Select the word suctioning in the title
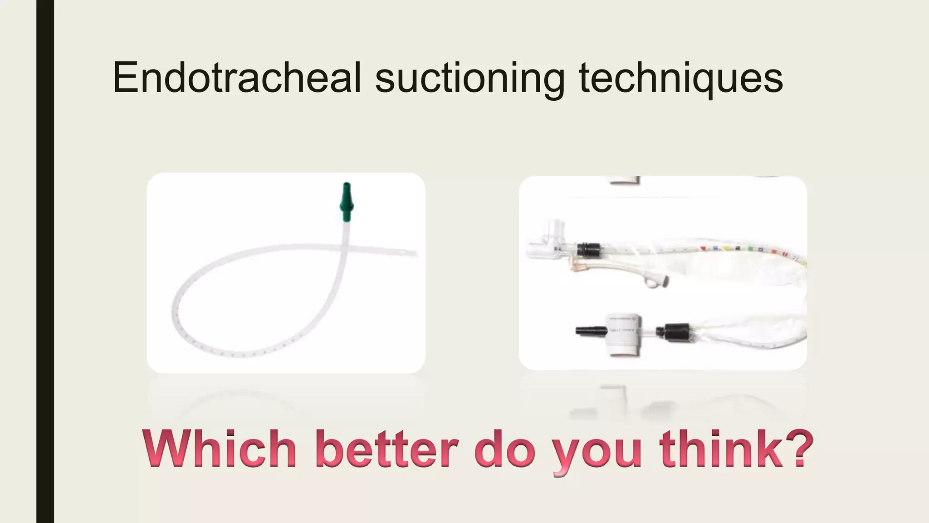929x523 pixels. coord(469,78)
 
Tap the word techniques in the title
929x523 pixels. coord(680,78)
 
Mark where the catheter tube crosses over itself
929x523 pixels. coord(346,247)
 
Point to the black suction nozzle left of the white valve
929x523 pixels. coord(589,331)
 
